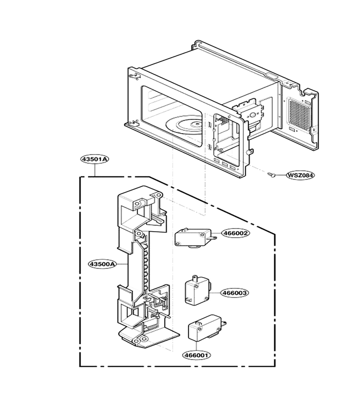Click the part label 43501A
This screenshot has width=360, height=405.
click(94, 159)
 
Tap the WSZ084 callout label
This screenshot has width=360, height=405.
click(301, 175)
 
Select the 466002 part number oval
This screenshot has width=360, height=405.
click(235, 233)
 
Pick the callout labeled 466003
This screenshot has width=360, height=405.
click(235, 293)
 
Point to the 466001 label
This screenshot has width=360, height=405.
click(197, 355)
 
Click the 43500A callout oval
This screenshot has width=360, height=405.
click(102, 264)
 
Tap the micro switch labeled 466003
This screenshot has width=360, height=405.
click(198, 289)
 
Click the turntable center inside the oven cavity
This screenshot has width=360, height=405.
click(198, 125)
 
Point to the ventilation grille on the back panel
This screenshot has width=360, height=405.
click(299, 114)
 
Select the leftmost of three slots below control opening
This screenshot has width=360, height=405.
click(216, 162)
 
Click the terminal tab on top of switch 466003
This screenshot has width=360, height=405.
click(195, 279)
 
